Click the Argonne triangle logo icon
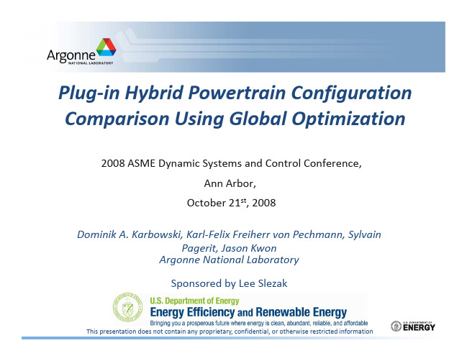tap(106, 47)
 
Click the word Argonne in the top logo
tap(71, 55)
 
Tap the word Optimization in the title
tap(348, 119)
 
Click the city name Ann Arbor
tap(230, 183)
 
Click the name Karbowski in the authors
tap(157, 234)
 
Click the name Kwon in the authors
tap(263, 248)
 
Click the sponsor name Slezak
tap(273, 283)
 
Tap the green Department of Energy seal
tap(128, 307)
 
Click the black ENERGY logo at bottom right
tap(413, 326)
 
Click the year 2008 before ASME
tap(113, 163)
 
